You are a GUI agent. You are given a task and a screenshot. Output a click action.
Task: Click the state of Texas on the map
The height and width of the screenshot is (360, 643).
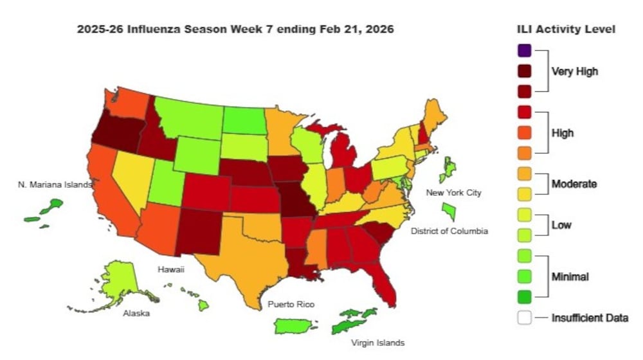point(248,257)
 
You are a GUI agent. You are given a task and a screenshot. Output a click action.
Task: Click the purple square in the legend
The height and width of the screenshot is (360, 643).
point(525,50)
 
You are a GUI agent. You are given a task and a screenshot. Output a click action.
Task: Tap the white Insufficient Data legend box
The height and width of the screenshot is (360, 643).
point(525,318)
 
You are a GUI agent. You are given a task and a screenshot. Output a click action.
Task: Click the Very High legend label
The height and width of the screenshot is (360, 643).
point(574,71)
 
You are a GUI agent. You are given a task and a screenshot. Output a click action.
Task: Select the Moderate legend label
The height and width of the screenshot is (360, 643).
point(574,184)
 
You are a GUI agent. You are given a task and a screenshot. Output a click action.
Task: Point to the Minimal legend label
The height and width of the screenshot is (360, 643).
point(570,276)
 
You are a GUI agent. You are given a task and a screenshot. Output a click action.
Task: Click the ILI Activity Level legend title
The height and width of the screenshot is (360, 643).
point(566,29)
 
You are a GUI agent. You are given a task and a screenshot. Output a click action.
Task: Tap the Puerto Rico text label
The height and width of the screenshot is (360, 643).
point(291,304)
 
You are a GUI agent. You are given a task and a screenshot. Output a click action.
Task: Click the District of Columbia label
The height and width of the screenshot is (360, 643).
point(449,231)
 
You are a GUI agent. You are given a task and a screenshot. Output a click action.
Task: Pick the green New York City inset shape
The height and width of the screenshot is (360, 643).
point(450,210)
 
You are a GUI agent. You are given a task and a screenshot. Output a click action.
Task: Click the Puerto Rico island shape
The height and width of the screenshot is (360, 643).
point(296,326)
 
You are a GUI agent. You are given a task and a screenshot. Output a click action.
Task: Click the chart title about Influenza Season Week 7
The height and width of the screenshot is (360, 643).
point(235,30)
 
